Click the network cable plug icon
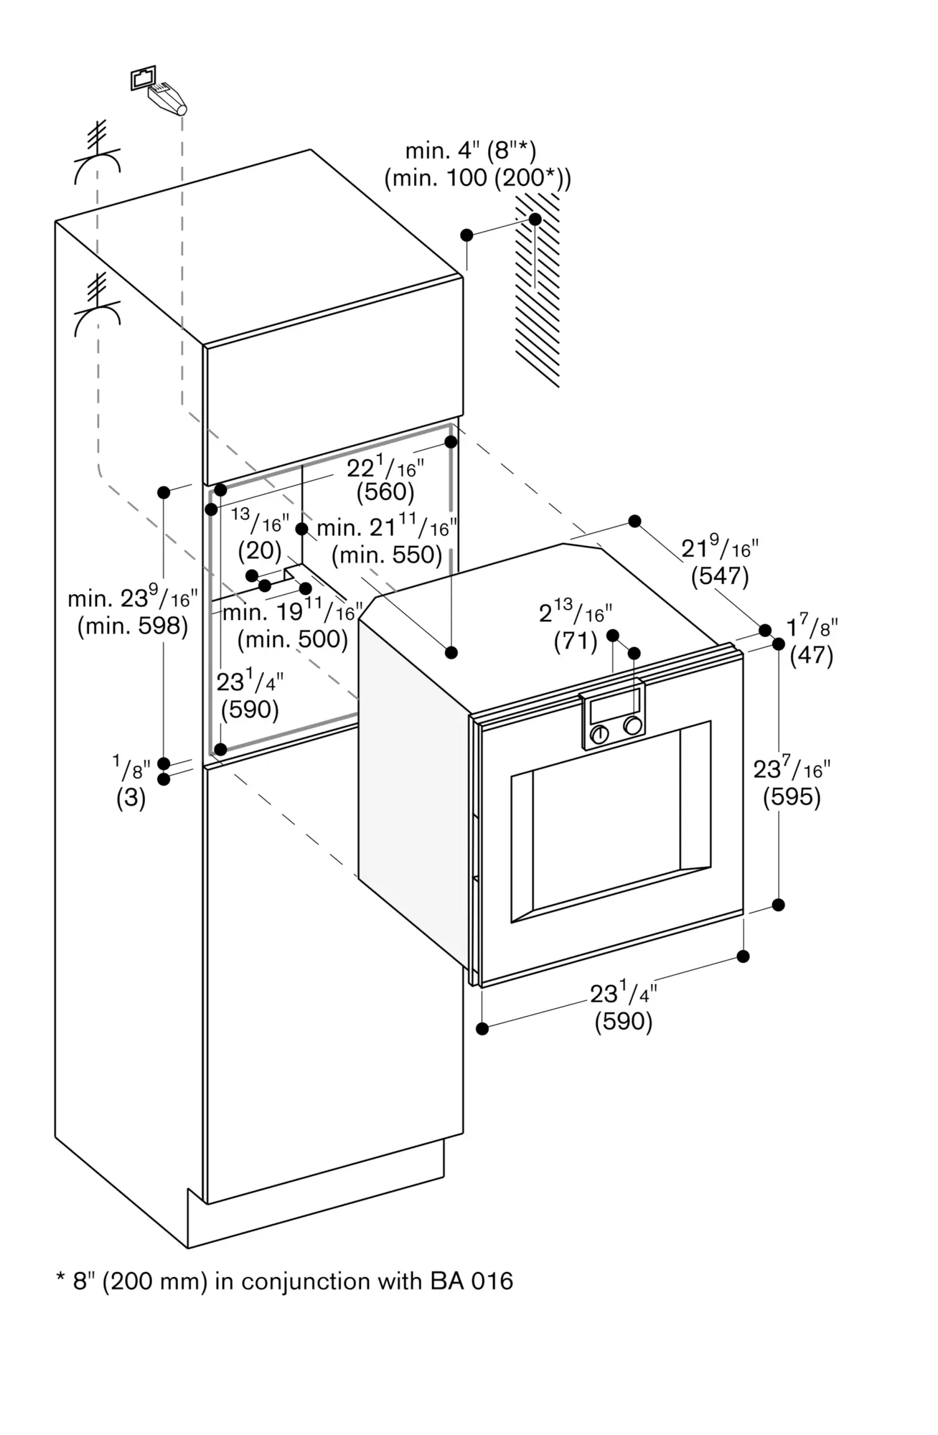pos(168,98)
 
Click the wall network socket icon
pos(143,77)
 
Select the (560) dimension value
pos(385,492)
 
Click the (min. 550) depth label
pos(387,555)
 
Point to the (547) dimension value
pos(719,576)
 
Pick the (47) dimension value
pos(811,655)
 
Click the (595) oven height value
pos(792,796)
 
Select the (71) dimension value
pos(575,641)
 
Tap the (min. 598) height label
pos(133,626)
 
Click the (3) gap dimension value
pos(131,798)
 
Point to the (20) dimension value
pos(259,550)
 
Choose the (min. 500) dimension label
pos(292,639)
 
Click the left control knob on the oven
pos(599,734)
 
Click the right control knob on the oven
pos(632,725)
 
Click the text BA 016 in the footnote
pos(472,1281)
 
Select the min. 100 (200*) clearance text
pos(477,178)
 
